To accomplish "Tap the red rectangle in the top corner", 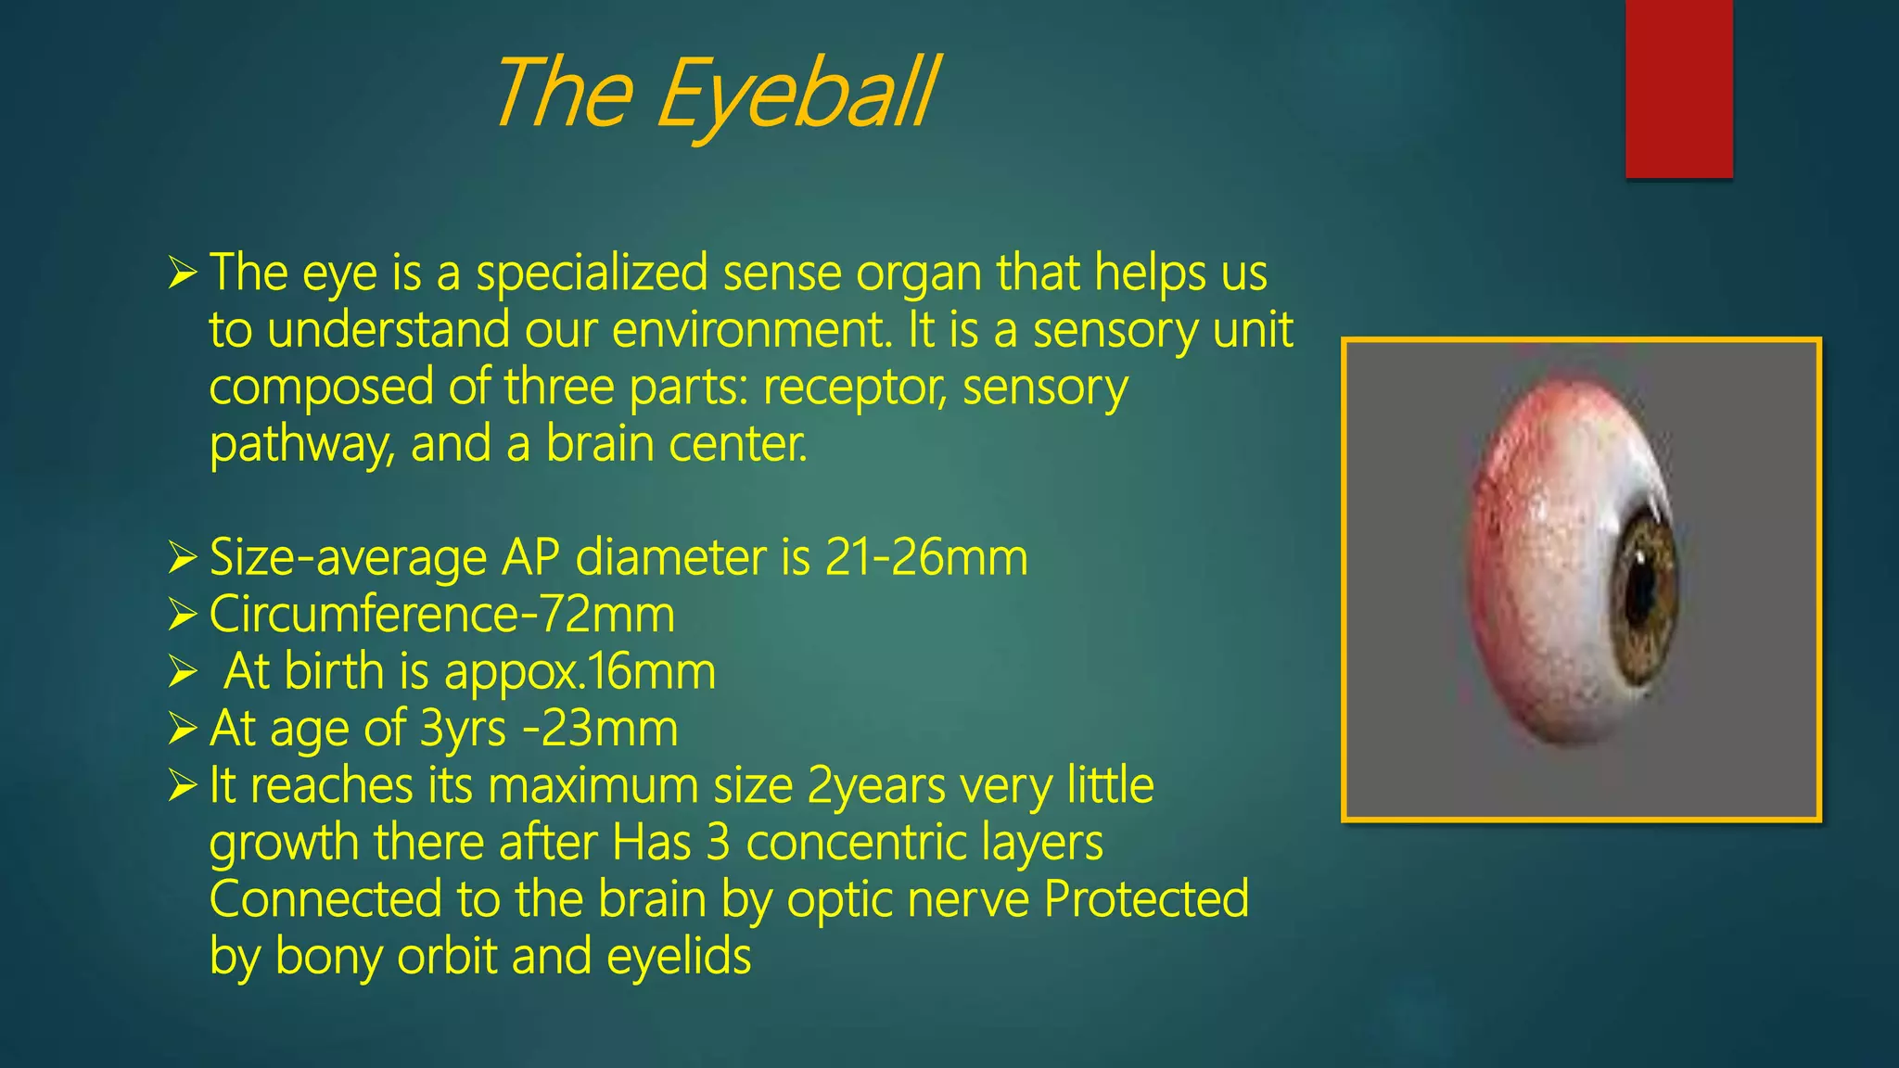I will tap(1678, 88).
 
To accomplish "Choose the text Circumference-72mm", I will tap(442, 615).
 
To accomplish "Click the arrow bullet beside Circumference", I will tap(182, 615).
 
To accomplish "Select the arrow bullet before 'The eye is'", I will tap(182, 273).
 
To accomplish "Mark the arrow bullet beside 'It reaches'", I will tap(182, 786).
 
